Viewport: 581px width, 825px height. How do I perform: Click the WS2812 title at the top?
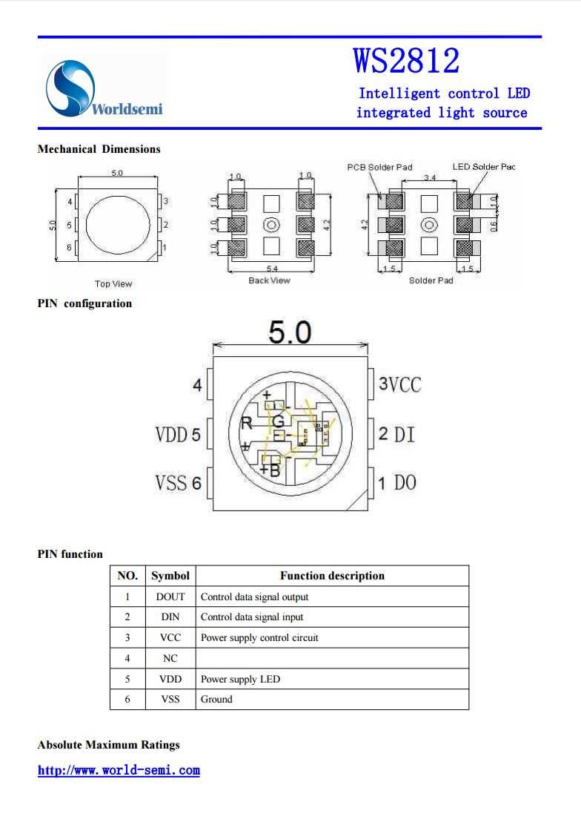coord(406,61)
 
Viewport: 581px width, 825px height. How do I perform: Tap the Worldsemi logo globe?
coord(70,88)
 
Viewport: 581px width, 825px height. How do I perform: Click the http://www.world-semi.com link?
coord(119,770)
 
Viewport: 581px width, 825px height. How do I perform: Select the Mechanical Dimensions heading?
coord(99,149)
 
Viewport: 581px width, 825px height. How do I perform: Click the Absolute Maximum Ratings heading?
coord(108,745)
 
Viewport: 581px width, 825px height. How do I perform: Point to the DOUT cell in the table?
coord(170,596)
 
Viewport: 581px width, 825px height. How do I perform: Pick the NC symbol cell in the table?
coord(170,658)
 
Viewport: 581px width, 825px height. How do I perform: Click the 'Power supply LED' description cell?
coord(240,679)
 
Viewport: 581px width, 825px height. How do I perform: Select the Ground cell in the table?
coord(216,699)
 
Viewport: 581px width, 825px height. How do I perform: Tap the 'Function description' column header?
coord(332,576)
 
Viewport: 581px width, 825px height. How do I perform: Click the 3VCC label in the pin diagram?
coord(399,384)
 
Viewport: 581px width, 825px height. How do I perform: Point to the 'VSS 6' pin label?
coord(178,483)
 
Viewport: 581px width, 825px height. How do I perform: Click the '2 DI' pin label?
coord(396,434)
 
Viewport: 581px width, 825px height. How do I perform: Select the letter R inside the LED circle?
coord(246,424)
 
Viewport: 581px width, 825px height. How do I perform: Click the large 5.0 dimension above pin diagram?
coord(290,333)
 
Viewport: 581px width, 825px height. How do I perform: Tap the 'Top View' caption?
coord(113,283)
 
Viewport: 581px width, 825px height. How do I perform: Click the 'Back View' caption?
coord(269,280)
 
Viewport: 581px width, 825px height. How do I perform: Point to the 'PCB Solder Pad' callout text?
coord(379,168)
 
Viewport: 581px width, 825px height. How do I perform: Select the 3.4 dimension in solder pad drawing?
coord(430,178)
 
